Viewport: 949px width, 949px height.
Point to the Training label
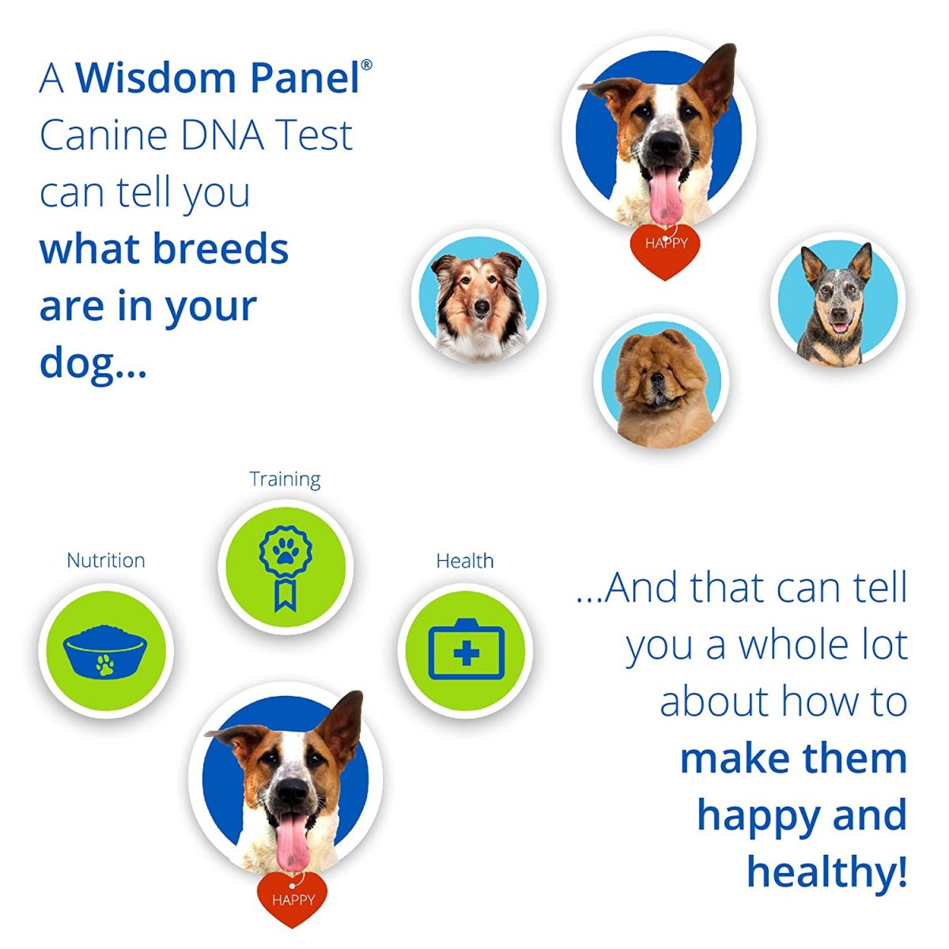285,479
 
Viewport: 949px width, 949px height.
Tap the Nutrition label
106,561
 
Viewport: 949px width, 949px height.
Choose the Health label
465,561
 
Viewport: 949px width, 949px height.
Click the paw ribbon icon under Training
285,563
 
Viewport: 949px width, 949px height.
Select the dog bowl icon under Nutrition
106,652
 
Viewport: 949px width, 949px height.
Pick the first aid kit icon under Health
465,652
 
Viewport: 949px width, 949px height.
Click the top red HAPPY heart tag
665,249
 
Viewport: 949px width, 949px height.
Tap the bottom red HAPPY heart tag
293,899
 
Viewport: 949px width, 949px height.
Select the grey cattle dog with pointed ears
834,304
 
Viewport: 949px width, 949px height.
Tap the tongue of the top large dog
666,198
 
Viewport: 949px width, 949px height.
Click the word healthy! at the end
826,871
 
